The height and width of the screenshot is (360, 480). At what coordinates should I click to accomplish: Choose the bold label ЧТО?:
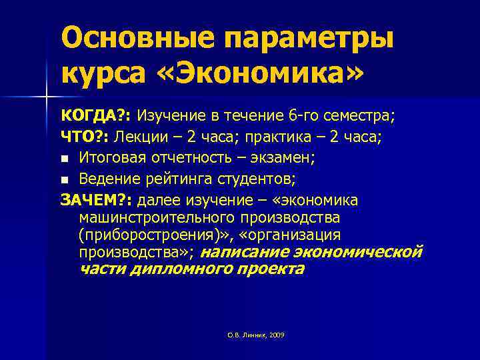tap(85, 137)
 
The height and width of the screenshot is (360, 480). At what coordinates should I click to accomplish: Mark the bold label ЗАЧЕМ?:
tap(96, 201)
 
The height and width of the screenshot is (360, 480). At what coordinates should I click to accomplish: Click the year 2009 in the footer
tap(275, 335)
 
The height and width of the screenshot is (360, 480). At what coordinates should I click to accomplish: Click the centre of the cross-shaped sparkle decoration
tap(47, 97)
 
